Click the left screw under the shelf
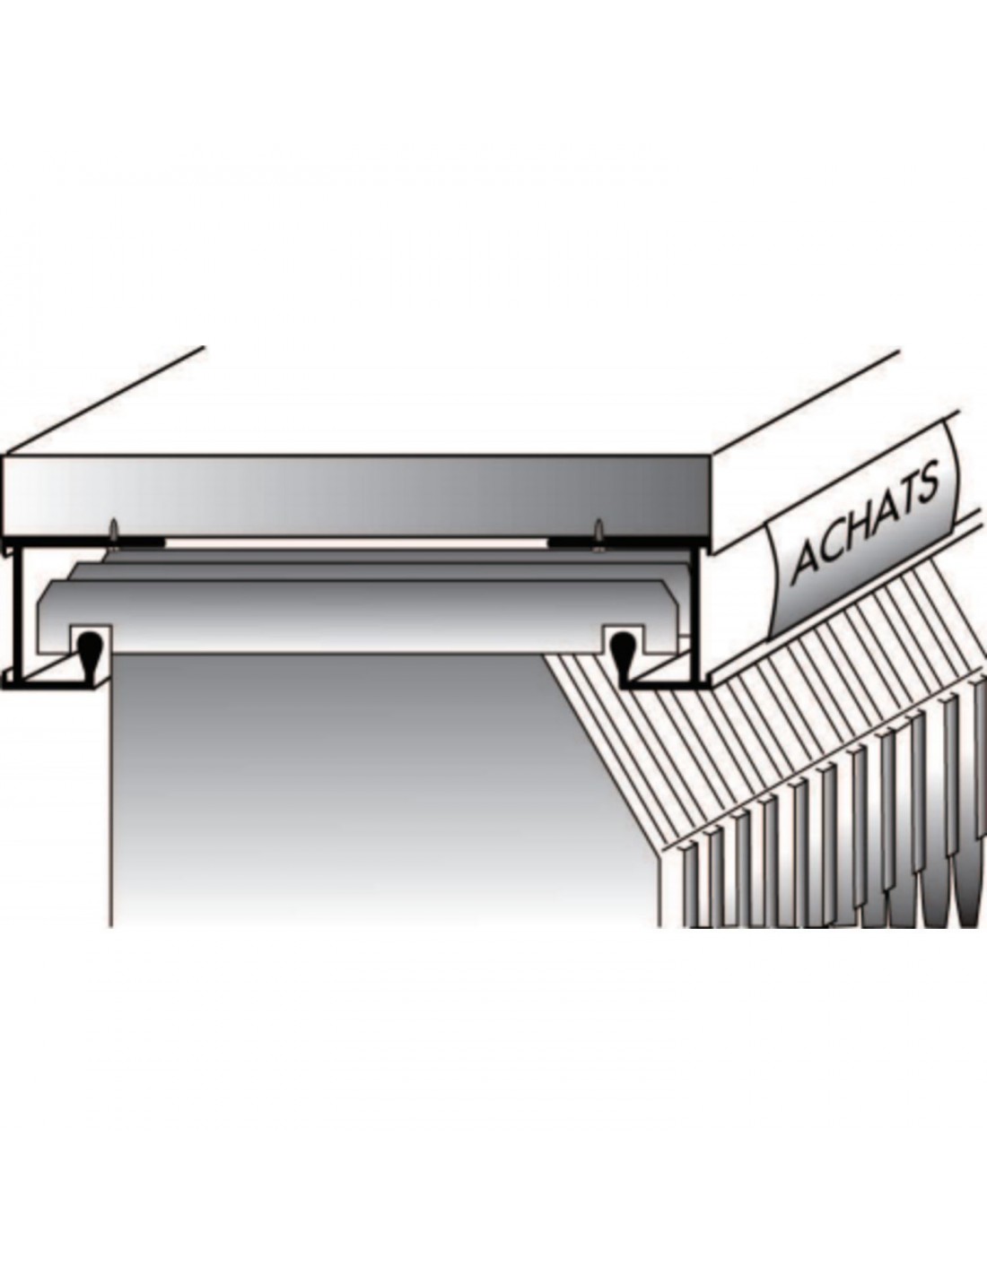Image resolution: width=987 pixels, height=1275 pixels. click(112, 530)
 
